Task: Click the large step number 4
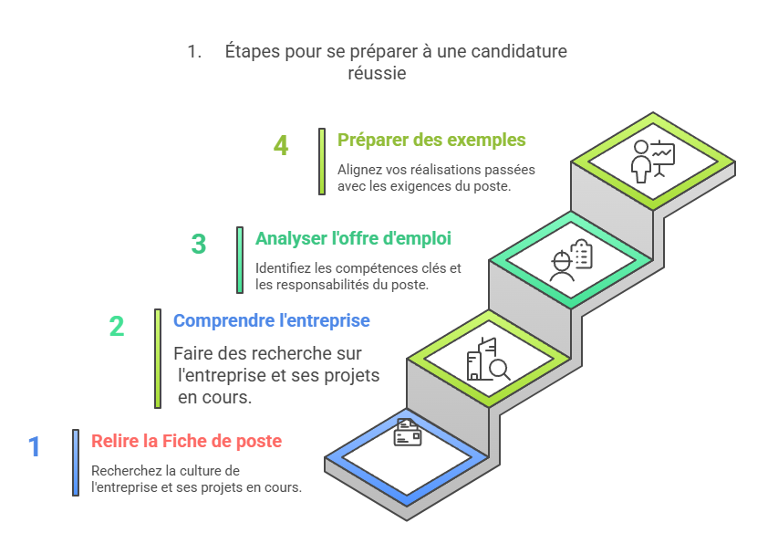[x=281, y=145]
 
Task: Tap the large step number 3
[x=199, y=244]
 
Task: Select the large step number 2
[x=117, y=326]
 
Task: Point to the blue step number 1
[x=35, y=446]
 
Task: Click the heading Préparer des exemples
[x=431, y=140]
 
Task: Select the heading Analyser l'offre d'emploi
[x=353, y=238]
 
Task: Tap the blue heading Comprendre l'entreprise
[x=272, y=320]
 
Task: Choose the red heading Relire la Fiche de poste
[x=187, y=441]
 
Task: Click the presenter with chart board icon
[x=652, y=162]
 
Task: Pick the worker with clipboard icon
[x=571, y=261]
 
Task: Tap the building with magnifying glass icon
[x=488, y=359]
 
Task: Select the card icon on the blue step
[x=408, y=433]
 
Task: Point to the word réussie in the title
[x=377, y=73]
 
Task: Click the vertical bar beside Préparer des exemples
[x=322, y=162]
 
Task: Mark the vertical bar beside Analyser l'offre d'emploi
[x=240, y=260]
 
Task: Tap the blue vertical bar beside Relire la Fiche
[x=76, y=463]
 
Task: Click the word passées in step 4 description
[x=510, y=170]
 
